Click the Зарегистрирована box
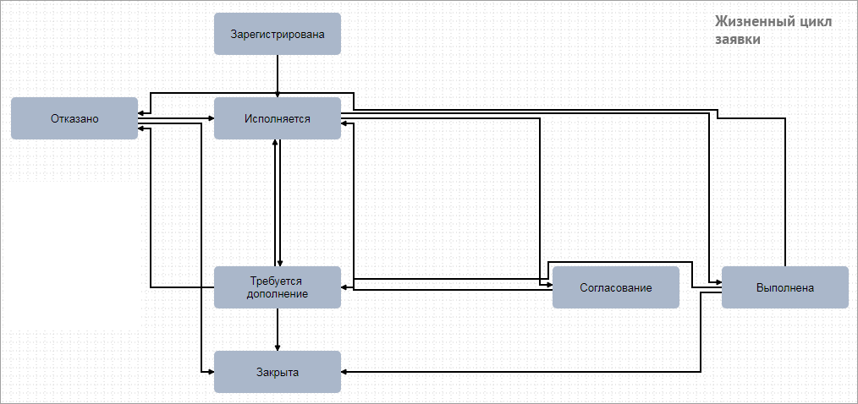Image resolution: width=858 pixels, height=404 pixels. point(278,34)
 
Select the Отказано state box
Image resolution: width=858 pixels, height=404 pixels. point(74,118)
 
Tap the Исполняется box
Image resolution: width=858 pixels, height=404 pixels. point(278,118)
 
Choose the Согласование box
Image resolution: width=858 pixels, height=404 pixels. point(616,287)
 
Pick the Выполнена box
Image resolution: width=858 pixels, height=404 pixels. point(785,287)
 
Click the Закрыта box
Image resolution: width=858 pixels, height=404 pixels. point(278,372)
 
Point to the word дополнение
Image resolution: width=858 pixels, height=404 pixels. point(278,293)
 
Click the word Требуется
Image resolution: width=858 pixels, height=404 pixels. point(278,281)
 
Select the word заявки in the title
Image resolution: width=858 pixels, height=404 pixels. point(738,40)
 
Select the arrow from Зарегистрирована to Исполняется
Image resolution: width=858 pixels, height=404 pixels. point(278,76)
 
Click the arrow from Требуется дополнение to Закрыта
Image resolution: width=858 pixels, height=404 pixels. point(278,330)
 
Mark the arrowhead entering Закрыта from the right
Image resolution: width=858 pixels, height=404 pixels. point(344,372)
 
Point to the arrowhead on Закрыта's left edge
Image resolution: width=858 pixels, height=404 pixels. point(211,372)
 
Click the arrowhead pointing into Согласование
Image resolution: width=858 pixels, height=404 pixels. point(549,284)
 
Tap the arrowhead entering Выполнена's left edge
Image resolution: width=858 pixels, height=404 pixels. point(718,281)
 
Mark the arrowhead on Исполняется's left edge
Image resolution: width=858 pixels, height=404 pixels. point(211,118)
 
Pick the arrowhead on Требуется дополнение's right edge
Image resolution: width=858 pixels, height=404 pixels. point(344,287)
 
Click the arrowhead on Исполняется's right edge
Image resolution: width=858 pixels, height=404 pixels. point(344,123)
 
